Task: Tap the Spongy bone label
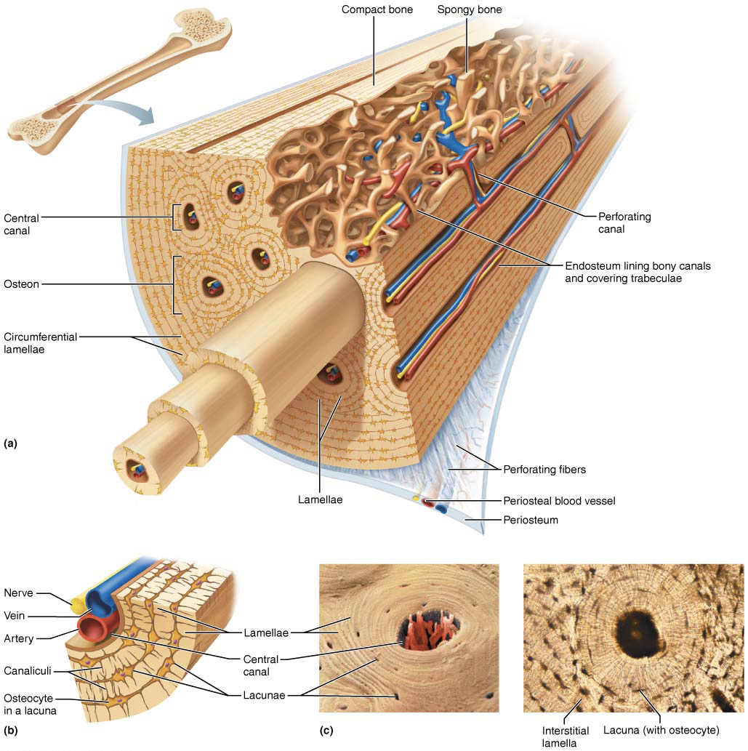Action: point(469,10)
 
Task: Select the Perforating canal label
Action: point(624,222)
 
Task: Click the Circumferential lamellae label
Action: point(40,343)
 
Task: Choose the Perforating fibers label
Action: point(544,470)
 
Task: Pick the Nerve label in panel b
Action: point(19,592)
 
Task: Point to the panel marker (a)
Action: point(11,442)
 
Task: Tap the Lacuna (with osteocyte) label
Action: point(661,730)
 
